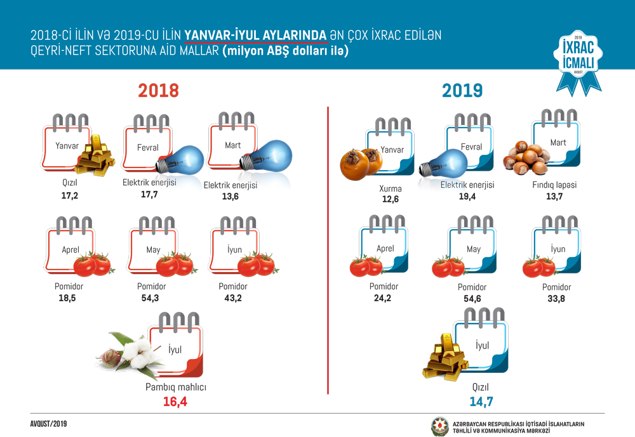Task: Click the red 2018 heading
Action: click(158, 91)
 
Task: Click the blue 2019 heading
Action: click(462, 91)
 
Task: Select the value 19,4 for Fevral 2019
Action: click(471, 197)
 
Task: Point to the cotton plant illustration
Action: click(130, 351)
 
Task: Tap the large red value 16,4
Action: click(176, 401)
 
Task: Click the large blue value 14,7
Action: click(481, 401)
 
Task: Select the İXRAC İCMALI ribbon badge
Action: click(578, 62)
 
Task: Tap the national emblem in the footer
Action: click(439, 425)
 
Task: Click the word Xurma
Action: click(390, 188)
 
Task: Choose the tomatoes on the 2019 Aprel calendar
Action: click(365, 266)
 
